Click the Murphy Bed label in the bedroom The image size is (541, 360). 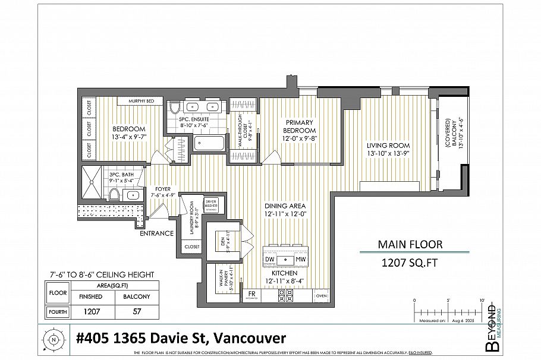(141, 102)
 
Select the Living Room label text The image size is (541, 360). (388, 149)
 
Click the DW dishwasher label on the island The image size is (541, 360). (269, 260)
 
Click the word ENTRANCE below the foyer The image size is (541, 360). (156, 233)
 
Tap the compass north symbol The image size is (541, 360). (54, 340)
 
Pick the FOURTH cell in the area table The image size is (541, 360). (58, 311)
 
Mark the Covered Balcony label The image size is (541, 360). (449, 142)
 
